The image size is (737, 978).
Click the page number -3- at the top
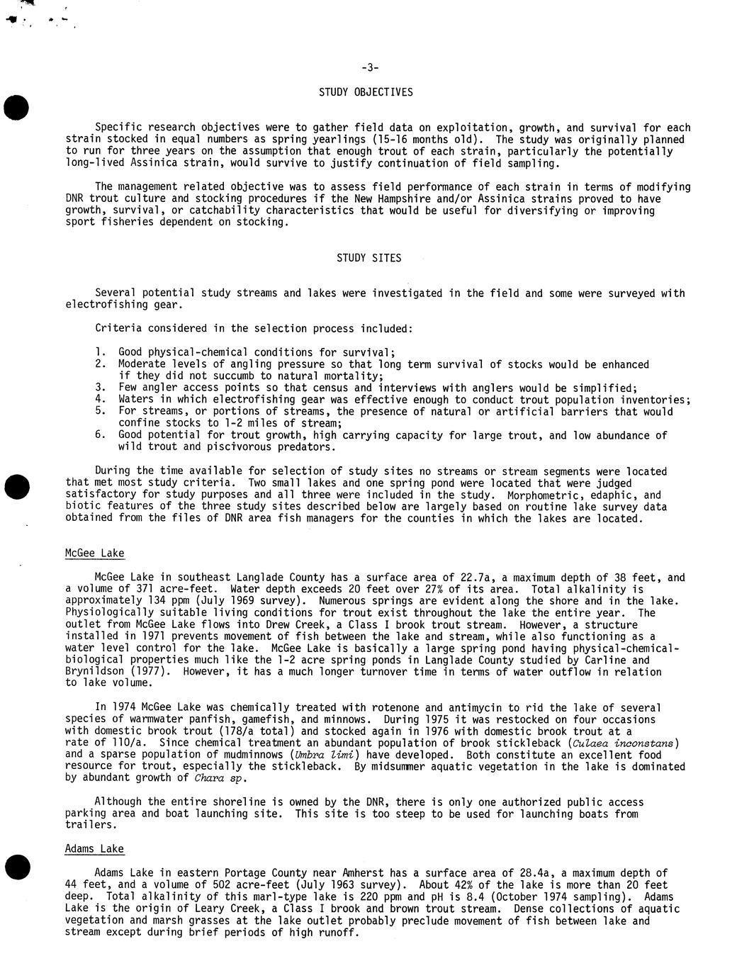point(370,68)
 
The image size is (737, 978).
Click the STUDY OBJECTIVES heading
point(366,92)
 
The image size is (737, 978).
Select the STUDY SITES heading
point(368,258)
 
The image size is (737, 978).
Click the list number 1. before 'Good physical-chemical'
point(100,352)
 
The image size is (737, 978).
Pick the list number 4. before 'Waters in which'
point(100,400)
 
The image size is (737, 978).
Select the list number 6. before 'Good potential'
point(100,435)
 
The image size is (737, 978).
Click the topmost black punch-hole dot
point(16,107)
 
